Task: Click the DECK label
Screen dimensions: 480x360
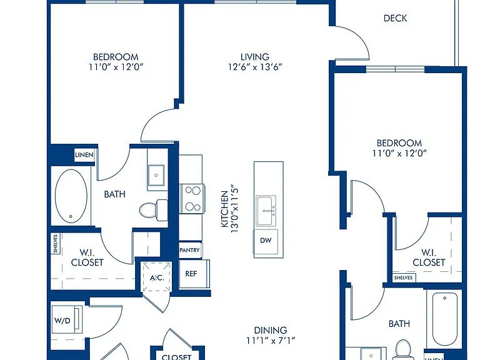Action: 395,18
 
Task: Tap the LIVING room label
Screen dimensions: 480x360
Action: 255,57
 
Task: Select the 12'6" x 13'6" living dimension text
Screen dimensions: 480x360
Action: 255,67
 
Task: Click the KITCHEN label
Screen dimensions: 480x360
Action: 225,209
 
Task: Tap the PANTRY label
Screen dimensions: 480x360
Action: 189,250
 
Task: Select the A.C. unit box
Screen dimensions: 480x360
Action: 157,277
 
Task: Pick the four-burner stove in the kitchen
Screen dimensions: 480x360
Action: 192,199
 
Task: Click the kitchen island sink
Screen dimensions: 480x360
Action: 266,211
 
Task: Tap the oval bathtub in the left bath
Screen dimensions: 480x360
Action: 71,196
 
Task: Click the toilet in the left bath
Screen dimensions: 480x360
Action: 154,210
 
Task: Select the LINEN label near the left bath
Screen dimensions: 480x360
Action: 84,155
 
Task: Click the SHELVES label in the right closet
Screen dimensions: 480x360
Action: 404,277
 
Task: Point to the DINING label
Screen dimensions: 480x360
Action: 271,330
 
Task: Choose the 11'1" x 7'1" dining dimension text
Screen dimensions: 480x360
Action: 271,340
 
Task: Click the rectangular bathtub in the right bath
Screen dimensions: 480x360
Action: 444,319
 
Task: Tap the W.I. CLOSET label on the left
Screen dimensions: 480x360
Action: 87,257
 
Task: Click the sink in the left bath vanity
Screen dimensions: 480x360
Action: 156,175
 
